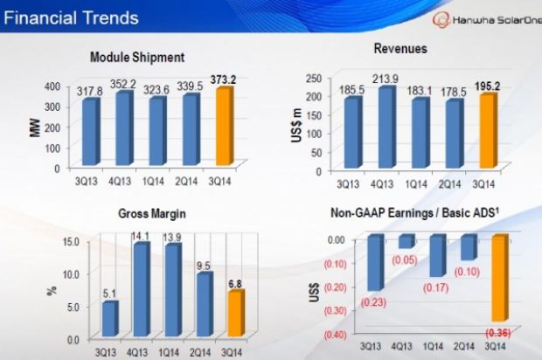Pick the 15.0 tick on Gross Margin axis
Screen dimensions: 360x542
tap(69, 241)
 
